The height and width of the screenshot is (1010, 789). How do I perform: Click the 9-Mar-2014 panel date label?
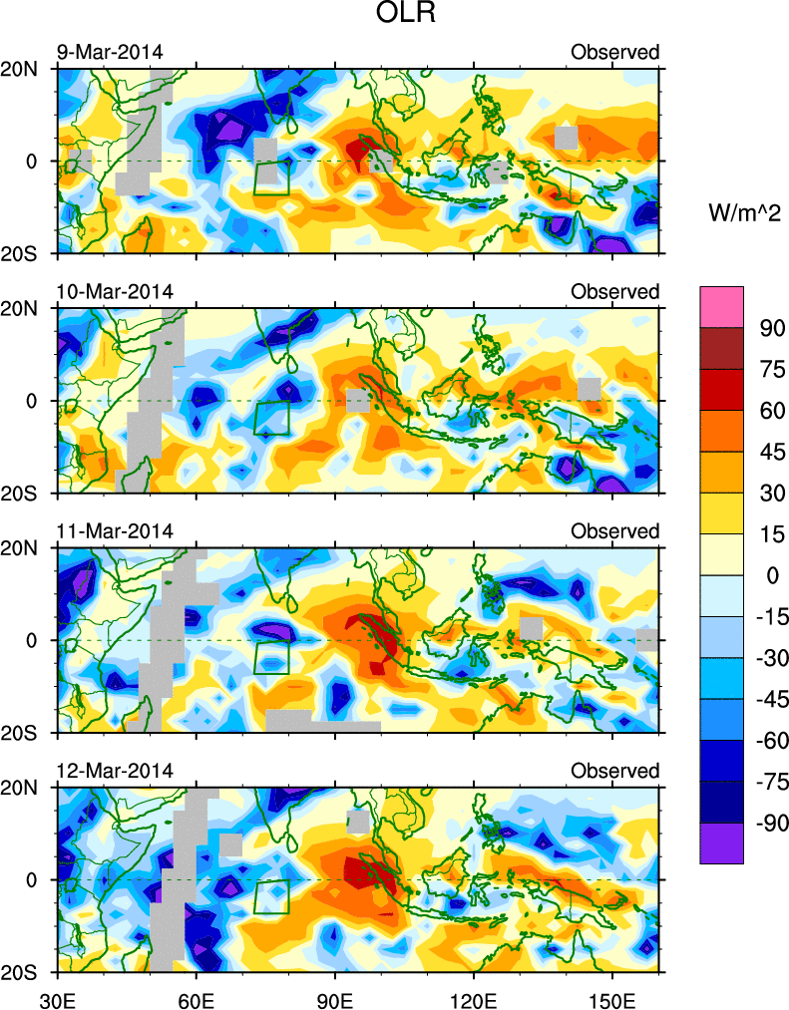109,52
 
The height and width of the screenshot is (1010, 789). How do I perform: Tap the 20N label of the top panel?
27,69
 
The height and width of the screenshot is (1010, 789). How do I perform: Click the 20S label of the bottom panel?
27,972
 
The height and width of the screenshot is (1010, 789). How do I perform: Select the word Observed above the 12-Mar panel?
614,771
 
